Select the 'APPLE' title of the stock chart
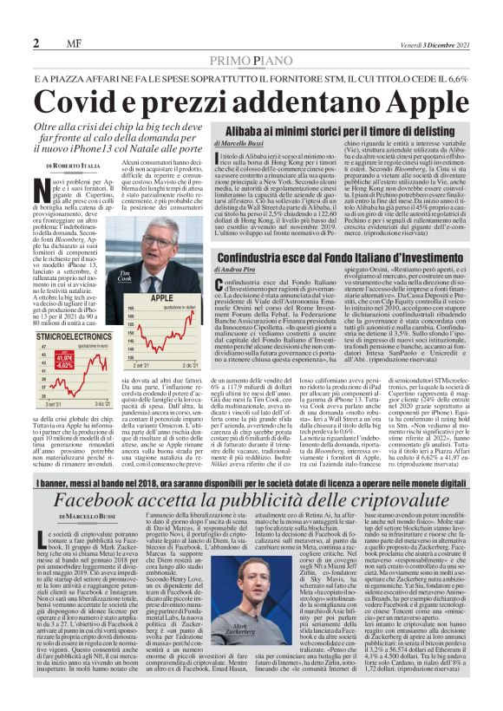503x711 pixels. coord(162,297)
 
